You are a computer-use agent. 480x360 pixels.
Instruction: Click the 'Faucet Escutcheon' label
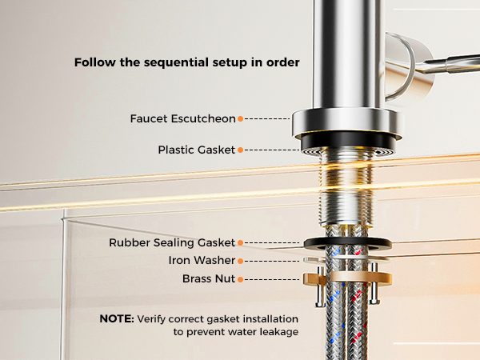182,118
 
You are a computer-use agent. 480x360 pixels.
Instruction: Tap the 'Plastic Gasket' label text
197,150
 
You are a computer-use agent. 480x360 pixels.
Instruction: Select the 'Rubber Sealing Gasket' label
172,242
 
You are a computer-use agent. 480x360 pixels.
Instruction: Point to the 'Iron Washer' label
202,260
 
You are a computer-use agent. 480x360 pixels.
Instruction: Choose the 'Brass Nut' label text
209,278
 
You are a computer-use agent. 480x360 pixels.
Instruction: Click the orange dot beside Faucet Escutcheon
241,118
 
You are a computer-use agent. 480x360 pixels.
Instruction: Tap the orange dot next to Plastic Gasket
241,150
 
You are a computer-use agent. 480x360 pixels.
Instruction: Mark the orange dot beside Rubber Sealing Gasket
241,242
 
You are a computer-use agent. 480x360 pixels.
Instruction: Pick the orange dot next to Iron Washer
241,261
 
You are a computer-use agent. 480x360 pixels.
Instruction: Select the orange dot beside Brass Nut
241,279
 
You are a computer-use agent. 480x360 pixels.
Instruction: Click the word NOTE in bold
117,318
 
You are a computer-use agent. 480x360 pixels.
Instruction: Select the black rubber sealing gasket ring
348,244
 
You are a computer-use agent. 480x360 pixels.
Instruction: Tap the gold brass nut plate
348,278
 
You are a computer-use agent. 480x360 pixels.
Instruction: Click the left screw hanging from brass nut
320,286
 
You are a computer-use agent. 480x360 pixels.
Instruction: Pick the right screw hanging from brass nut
374,283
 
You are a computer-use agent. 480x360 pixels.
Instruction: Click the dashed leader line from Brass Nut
272,279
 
